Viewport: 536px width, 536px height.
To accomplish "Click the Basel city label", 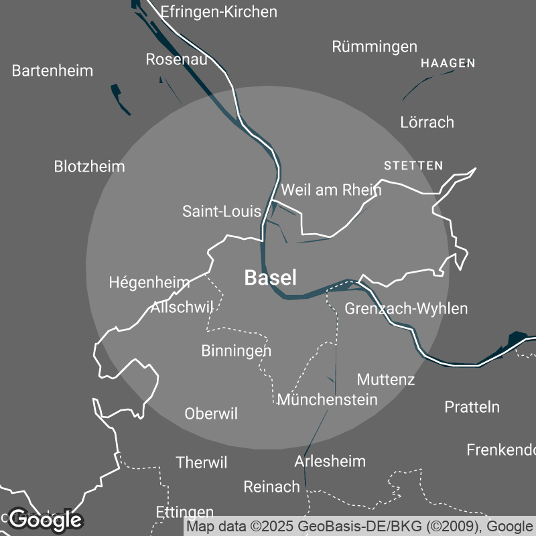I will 270,278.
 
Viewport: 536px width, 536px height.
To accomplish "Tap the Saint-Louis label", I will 222,212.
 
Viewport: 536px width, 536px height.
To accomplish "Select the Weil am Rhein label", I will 331,190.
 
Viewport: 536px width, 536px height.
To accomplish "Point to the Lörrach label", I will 427,122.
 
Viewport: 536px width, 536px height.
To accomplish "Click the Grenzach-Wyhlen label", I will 406,308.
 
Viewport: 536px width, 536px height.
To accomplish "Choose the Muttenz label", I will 386,379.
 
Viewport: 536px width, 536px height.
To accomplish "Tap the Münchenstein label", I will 328,399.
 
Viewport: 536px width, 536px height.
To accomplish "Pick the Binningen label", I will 237,350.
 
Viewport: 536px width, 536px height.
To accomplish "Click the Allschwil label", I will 182,308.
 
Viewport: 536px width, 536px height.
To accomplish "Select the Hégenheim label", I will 149,283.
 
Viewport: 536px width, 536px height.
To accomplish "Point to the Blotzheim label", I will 89,166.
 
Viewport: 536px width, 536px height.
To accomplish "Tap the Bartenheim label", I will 52,70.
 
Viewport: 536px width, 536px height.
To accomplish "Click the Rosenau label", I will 176,60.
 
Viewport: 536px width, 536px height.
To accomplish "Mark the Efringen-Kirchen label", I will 219,12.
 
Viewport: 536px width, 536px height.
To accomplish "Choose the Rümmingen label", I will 375,47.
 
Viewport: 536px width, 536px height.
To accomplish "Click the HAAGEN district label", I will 448,64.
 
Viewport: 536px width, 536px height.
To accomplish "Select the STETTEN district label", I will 413,165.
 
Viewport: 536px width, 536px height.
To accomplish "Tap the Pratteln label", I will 472,407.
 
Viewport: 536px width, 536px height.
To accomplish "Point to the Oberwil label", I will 211,414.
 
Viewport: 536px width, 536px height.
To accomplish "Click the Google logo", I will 46,519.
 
